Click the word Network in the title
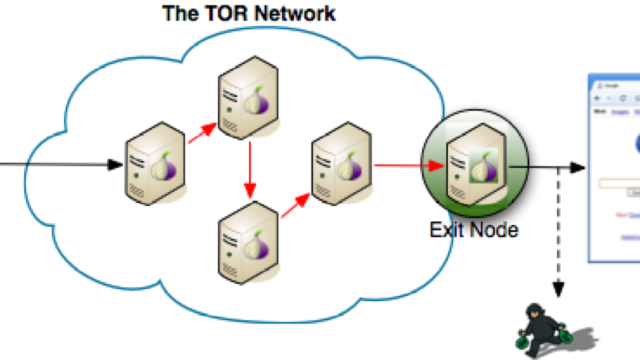(x=292, y=13)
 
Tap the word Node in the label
(x=494, y=229)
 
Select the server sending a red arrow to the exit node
(x=341, y=164)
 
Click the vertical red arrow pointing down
(x=249, y=169)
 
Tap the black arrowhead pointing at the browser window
(x=577, y=167)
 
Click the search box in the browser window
(x=619, y=184)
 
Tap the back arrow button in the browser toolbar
(x=597, y=99)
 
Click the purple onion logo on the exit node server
(x=479, y=169)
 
